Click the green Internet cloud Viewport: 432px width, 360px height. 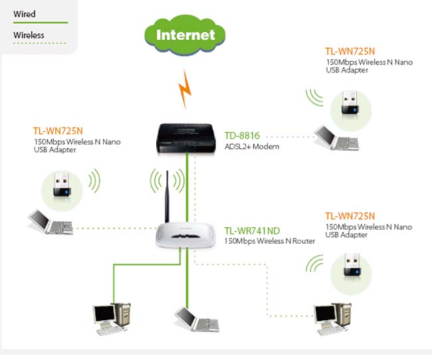185,35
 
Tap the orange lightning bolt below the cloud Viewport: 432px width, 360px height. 185,89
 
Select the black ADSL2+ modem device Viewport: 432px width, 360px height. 185,138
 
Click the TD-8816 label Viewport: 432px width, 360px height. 242,135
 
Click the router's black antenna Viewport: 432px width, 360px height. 167,197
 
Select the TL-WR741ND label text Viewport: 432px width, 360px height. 252,231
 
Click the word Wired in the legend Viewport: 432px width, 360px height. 24,14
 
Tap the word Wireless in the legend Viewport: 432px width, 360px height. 29,35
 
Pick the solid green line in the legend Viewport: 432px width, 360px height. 41,23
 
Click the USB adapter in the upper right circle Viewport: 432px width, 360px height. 350,103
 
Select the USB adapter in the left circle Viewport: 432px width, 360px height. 62,184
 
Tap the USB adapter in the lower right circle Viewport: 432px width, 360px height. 352,265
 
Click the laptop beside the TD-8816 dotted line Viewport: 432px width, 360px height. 337,138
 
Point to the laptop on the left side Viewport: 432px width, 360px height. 51,222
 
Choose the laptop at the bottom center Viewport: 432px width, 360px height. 197,319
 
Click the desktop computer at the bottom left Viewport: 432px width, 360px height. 112,319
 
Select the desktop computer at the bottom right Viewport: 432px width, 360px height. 333,319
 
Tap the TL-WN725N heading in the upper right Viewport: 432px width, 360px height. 350,52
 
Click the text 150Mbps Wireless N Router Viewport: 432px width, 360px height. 270,241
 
